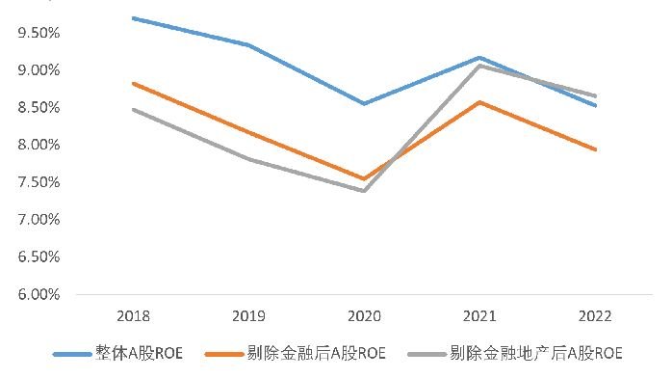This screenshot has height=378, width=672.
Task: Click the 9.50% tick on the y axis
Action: point(39,33)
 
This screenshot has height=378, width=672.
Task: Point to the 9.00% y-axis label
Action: point(39,70)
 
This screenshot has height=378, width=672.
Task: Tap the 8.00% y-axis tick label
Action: point(39,145)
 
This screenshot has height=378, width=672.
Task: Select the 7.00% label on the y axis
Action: point(39,220)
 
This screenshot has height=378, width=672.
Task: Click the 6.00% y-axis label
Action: point(39,294)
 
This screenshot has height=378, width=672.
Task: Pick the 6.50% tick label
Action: point(39,257)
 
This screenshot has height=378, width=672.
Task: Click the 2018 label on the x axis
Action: point(133,316)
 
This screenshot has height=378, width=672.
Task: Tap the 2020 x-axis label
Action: point(364,316)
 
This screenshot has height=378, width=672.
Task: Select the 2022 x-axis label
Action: point(595,316)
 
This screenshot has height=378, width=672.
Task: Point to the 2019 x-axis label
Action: point(248,316)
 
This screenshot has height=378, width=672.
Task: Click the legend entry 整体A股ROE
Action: point(118,354)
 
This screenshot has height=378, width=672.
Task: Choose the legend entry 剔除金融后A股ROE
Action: point(296,354)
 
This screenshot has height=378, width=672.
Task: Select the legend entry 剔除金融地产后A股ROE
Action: point(515,354)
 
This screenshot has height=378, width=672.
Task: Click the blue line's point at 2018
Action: point(133,18)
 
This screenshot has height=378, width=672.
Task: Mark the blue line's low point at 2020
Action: point(364,103)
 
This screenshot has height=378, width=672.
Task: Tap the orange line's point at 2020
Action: point(364,178)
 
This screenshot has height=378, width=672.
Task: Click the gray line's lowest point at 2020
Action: point(364,191)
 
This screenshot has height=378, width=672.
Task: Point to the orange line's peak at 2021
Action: point(479,102)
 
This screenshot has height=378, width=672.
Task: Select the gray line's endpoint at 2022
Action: point(595,96)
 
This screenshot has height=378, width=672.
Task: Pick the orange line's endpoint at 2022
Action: point(595,149)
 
